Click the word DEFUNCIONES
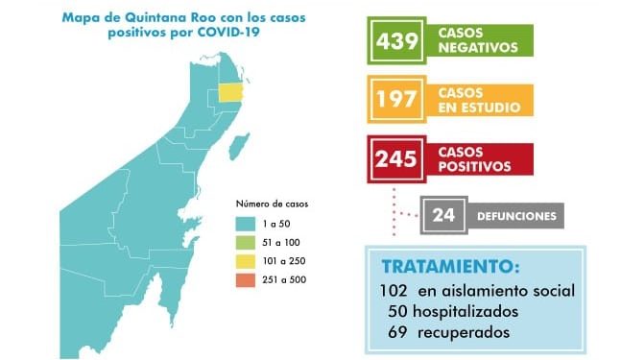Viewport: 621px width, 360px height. tap(516, 216)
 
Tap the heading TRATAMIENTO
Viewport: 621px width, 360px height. tap(449, 267)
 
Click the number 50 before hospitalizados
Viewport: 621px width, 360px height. tap(399, 312)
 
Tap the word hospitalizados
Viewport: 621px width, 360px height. tap(470, 312)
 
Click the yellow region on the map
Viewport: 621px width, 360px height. tap(229, 91)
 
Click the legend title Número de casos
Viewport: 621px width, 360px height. tap(273, 204)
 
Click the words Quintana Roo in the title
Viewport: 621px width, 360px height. tap(161, 16)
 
